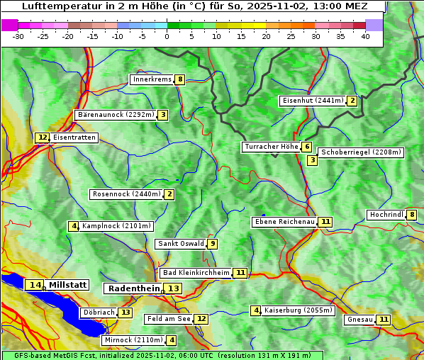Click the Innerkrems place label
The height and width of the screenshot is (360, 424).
point(152,79)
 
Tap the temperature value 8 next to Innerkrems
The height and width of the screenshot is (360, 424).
point(181,79)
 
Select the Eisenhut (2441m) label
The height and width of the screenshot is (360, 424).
point(312,101)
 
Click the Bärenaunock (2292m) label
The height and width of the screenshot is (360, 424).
point(114,115)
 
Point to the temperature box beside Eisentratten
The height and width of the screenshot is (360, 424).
point(43,137)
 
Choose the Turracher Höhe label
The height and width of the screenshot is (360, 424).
point(271,147)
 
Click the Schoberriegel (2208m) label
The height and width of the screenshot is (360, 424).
point(361,152)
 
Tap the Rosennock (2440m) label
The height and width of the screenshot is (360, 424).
point(125,194)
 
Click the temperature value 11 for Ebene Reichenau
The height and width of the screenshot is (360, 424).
point(325,222)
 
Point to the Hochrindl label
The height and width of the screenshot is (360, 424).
point(386,215)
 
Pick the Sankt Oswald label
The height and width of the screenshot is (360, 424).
point(181,244)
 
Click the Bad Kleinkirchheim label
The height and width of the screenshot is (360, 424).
point(196,273)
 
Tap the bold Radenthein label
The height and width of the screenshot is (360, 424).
point(133,288)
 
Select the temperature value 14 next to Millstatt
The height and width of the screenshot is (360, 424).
point(35,285)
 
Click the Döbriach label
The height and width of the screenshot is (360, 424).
point(98,313)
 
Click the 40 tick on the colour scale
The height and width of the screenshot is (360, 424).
point(365,36)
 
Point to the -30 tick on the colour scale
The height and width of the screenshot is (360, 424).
point(18,36)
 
